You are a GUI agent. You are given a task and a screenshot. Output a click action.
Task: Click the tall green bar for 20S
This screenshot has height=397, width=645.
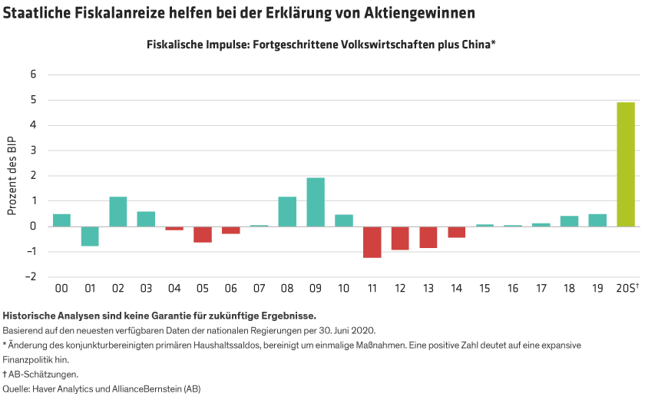(626, 164)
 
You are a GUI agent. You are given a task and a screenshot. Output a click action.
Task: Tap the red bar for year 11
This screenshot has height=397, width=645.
(372, 242)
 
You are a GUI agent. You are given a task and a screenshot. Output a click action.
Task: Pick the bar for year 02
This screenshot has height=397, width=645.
(117, 212)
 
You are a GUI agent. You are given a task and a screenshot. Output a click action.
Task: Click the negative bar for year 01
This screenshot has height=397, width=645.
(90, 237)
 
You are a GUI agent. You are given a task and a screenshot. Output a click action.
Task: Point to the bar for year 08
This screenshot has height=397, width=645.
(287, 212)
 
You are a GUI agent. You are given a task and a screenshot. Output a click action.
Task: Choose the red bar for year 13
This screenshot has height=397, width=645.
(428, 237)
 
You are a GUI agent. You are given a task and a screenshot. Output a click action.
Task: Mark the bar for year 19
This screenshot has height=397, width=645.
(597, 220)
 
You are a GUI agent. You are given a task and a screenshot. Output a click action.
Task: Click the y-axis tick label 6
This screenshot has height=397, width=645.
(33, 74)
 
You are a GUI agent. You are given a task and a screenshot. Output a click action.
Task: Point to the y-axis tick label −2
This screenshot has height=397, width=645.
(31, 277)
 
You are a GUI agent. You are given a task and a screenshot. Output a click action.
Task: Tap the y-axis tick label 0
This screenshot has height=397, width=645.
(33, 227)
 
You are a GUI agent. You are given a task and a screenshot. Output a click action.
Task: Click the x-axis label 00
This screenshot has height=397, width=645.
(61, 289)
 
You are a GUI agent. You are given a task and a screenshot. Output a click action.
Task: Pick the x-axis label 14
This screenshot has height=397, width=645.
(457, 289)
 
